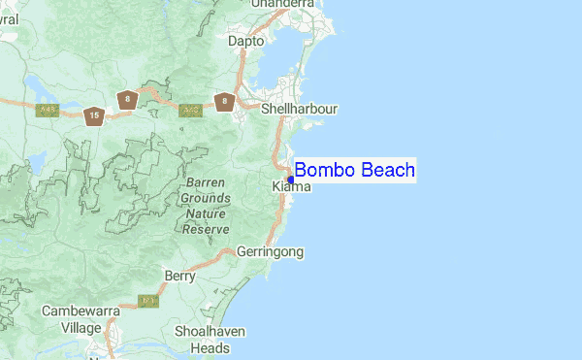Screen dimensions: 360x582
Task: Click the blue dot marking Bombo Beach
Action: point(291,180)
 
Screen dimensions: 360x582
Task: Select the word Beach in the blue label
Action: point(388,171)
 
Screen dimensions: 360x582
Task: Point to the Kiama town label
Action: point(291,186)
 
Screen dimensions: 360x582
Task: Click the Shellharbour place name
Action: point(300,110)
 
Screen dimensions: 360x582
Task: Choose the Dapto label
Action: point(245,41)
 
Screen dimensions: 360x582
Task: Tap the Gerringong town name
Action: point(271,252)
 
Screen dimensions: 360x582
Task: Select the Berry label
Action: point(179,276)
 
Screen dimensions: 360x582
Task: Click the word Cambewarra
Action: point(81,311)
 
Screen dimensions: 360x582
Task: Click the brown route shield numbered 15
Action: point(93,116)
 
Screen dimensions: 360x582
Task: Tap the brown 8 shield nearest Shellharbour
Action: point(225,100)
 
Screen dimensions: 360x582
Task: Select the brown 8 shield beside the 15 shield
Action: point(125,99)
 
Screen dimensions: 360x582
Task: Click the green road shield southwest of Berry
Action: point(147,301)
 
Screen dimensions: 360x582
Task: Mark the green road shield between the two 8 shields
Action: point(190,111)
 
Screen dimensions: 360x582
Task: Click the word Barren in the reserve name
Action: point(205,181)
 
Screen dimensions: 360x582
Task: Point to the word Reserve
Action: point(205,229)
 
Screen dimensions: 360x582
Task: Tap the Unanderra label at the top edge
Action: point(284,5)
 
